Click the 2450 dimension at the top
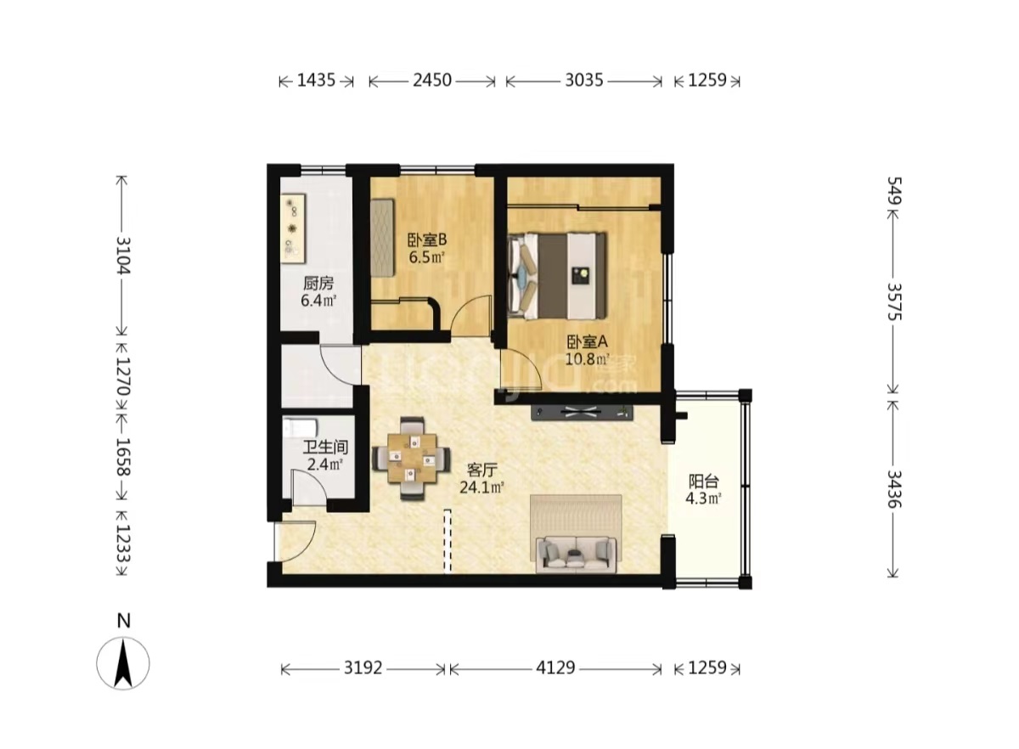point(431,81)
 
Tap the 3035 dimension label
point(584,81)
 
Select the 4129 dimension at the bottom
point(555,668)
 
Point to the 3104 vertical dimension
point(123,256)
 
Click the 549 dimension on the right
point(894,190)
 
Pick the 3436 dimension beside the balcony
point(894,489)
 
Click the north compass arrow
point(123,663)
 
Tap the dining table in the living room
point(412,459)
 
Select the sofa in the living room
point(576,555)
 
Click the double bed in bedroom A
point(558,276)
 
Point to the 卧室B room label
point(426,239)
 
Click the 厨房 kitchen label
point(318,284)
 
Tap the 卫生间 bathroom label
point(325,448)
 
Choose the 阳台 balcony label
point(703,481)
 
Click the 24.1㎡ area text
point(482,487)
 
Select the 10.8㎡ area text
point(588,359)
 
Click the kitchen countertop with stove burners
point(293,229)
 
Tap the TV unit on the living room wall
point(583,412)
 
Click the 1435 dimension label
point(316,81)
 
